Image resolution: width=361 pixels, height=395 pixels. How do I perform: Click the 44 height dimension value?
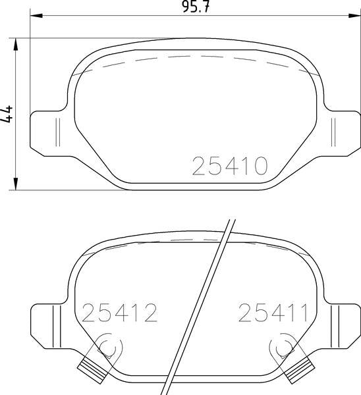pyautogui.click(x=9, y=113)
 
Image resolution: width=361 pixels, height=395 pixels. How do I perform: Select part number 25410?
pyautogui.click(x=230, y=166)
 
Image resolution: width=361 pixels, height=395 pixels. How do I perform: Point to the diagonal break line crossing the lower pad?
pyautogui.click(x=201, y=303)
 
